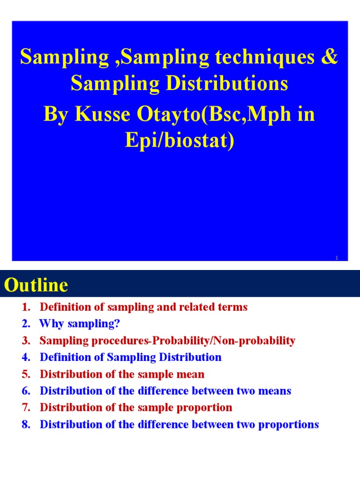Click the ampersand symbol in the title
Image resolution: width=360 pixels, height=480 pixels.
pos(331,57)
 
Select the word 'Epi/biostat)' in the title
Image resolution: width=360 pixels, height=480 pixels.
pos(180,141)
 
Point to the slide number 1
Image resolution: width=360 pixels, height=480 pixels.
pos(337,258)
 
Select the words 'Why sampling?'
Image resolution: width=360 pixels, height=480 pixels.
pos(80,324)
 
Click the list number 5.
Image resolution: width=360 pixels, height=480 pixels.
pos(25,374)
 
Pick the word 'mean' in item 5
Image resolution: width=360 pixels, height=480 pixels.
pos(190,374)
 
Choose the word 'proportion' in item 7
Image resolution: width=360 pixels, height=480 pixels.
pos(205,408)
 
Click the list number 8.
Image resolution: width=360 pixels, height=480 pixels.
pos(25,425)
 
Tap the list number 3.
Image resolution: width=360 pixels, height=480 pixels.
pos(25,341)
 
